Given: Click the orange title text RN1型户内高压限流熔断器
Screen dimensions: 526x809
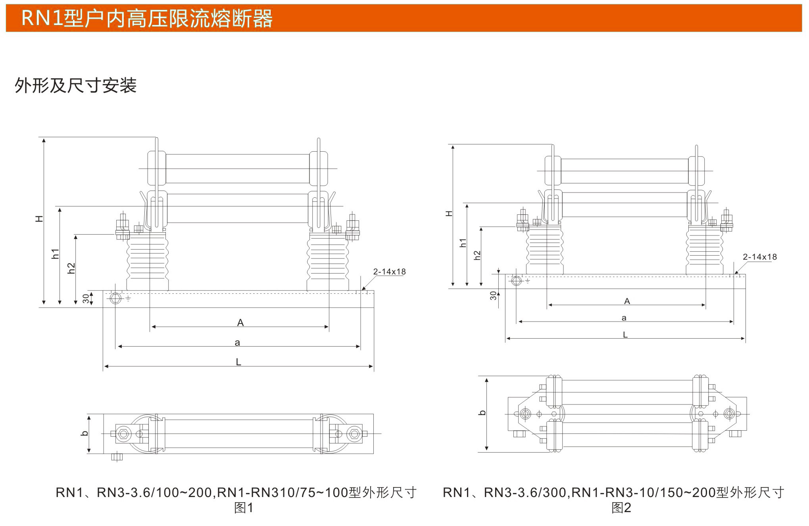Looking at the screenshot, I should click(147, 18).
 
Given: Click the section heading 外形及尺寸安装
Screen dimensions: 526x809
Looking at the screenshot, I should click(75, 85).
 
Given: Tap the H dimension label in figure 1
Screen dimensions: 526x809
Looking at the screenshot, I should click(39, 219).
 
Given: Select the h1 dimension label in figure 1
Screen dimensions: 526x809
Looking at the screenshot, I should click(55, 254).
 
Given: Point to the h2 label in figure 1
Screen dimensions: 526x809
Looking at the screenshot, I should click(71, 268).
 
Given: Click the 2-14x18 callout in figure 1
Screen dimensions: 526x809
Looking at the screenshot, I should click(389, 272).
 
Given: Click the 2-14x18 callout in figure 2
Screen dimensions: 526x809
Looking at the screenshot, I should click(759, 257).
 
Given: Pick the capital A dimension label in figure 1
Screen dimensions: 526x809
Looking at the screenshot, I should click(240, 323).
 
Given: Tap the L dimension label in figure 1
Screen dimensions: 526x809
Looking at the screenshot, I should click(238, 362).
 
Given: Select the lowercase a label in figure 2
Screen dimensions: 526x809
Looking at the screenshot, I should click(624, 318).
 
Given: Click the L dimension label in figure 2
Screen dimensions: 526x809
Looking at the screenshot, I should click(625, 335).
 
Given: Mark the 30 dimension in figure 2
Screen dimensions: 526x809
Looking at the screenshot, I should click(493, 295).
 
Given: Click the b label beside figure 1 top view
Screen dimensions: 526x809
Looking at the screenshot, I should click(85, 433).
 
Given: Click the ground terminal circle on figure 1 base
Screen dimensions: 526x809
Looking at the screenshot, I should click(115, 299).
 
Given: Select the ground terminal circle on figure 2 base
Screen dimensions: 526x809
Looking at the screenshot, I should click(516, 281).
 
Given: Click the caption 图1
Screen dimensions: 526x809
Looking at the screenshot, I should click(243, 508).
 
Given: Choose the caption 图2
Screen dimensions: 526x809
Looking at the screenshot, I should click(621, 508).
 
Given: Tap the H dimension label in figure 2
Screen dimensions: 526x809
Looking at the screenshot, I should click(449, 214).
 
